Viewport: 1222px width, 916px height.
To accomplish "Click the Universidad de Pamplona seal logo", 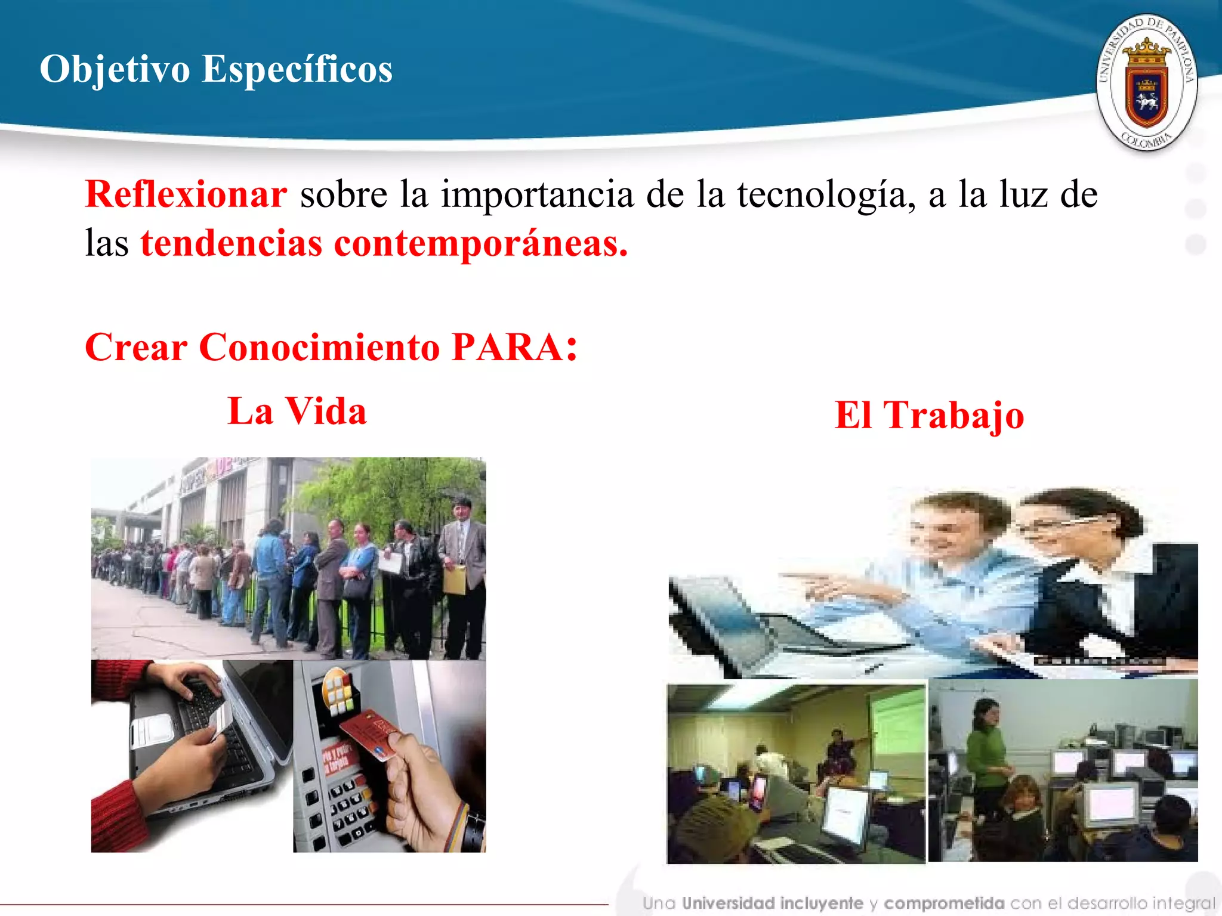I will tap(1146, 83).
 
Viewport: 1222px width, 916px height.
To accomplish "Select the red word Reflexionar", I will tap(186, 194).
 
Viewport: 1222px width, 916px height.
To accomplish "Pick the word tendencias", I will tap(232, 243).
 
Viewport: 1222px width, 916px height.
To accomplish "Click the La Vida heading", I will tap(297, 411).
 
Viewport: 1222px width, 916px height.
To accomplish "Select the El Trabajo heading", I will tap(929, 415).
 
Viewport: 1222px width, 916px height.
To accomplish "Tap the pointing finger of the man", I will tap(794, 575).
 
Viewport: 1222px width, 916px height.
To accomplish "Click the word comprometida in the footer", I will tap(944, 903).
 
